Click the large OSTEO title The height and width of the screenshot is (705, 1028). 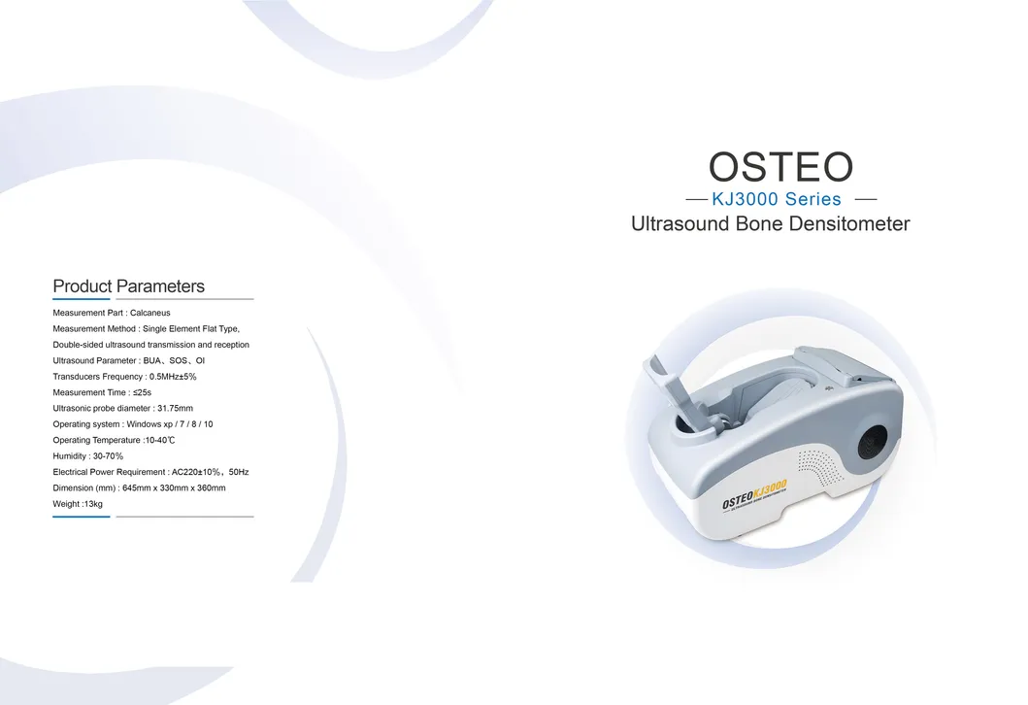(780, 167)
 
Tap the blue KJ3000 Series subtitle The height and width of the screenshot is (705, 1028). (777, 200)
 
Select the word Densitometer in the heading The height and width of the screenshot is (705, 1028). (850, 224)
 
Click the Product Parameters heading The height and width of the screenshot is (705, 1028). (128, 286)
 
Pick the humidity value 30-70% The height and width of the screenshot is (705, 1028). (107, 455)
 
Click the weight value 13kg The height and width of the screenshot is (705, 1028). (92, 504)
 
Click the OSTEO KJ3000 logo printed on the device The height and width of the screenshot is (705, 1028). (754, 494)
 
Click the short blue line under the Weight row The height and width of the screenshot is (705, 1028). (82, 517)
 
